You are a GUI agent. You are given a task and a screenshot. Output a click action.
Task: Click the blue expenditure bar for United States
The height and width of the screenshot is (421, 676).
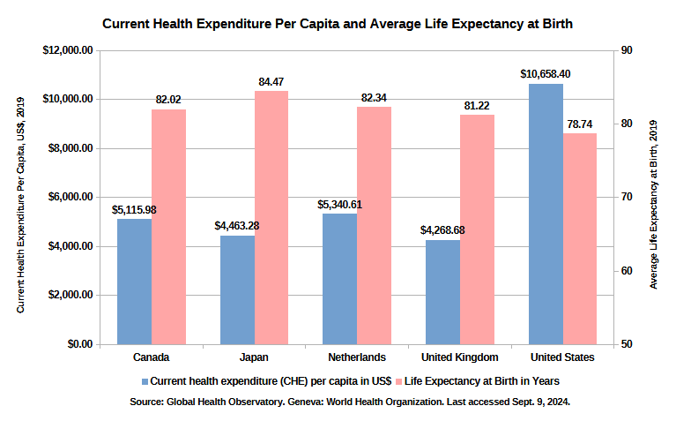tap(546, 214)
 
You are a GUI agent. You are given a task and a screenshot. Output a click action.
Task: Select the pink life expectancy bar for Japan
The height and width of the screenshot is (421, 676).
tap(271, 217)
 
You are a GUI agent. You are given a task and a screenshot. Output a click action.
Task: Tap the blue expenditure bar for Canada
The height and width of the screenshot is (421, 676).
tap(134, 281)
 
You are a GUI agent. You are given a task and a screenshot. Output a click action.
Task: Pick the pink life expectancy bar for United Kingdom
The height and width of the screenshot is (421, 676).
tap(477, 229)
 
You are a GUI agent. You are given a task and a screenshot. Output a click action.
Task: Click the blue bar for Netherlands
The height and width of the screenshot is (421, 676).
tap(339, 278)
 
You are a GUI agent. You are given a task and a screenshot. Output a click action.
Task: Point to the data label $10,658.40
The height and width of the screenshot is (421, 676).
tap(546, 75)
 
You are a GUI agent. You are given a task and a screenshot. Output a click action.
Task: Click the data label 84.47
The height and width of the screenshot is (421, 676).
tap(271, 82)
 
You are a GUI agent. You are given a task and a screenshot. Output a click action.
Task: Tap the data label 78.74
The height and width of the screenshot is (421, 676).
tap(580, 124)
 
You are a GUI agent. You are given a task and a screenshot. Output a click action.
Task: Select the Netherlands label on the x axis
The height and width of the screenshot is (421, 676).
tap(356, 357)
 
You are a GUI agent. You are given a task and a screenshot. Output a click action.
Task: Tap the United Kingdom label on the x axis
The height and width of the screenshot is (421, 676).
tap(459, 357)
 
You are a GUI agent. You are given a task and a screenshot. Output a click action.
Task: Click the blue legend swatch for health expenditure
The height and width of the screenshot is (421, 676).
tap(145, 381)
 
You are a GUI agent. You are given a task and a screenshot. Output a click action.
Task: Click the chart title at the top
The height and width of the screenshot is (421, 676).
tap(338, 24)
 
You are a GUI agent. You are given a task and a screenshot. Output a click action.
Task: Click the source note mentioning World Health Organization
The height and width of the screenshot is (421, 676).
tap(350, 402)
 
